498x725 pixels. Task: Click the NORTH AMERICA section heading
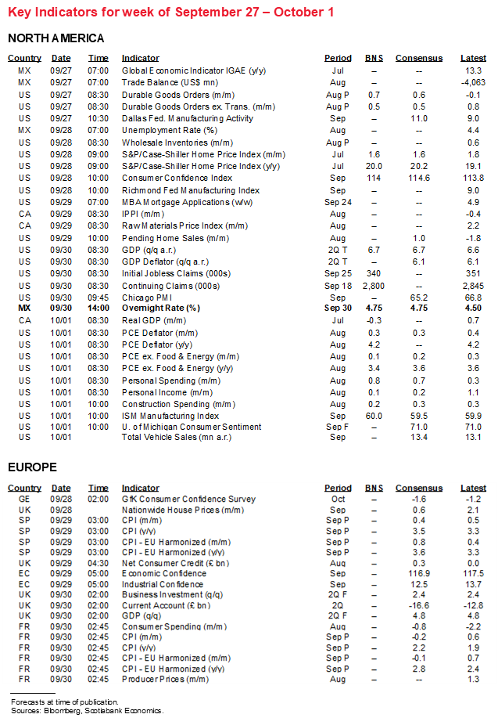[x=56, y=38]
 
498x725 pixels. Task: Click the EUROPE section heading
[x=32, y=467]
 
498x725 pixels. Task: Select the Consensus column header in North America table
[x=418, y=58]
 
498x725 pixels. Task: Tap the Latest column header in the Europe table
[x=473, y=488]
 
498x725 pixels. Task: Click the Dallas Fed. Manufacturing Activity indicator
[x=187, y=119]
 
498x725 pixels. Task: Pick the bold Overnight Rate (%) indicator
[x=160, y=308]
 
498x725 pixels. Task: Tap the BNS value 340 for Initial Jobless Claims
[x=374, y=273]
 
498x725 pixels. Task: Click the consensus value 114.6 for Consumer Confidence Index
[x=418, y=178]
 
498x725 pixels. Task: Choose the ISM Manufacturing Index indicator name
[x=170, y=416]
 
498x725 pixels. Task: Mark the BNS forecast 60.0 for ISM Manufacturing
[x=374, y=416]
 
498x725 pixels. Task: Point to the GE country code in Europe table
[x=25, y=499]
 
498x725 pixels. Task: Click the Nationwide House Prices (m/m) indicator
[x=181, y=510]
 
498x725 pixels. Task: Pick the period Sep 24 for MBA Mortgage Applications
[x=338, y=202]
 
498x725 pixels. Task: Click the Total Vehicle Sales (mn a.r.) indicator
[x=179, y=437]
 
